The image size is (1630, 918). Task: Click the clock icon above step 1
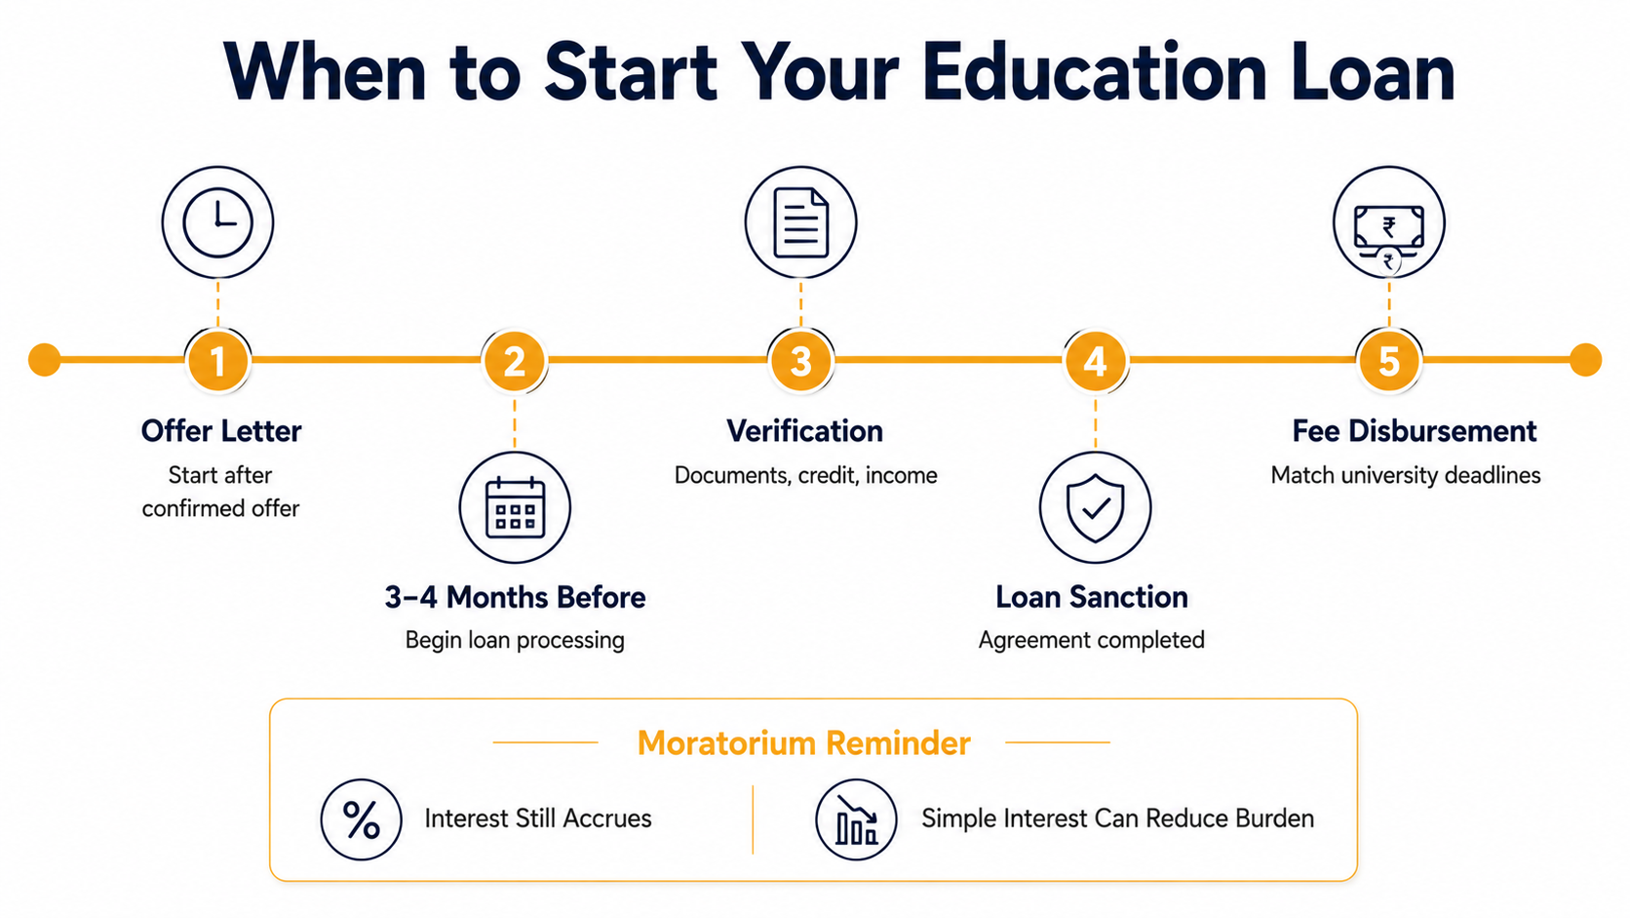[217, 222]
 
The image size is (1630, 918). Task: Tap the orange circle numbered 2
[515, 361]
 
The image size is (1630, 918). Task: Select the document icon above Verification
[800, 222]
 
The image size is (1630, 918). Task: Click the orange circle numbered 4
[1095, 361]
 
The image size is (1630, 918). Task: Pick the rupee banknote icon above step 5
[1388, 222]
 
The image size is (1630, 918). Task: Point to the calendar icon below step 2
[515, 507]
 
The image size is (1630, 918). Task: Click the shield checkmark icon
[1095, 507]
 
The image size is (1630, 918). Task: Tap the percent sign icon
[361, 819]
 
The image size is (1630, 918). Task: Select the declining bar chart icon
[856, 819]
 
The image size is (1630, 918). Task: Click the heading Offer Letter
[221, 431]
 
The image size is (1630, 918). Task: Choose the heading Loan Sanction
[1092, 597]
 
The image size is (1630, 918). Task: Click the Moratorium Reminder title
[803, 743]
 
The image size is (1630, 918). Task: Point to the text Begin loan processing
[515, 641]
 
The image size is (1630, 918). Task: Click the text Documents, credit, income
[805, 475]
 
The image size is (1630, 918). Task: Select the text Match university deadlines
[1405, 475]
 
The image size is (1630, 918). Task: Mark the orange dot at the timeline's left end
[45, 360]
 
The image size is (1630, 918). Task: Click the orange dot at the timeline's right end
[1585, 360]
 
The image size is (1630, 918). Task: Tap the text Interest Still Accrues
[538, 818]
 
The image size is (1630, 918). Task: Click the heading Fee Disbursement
[1414, 431]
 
